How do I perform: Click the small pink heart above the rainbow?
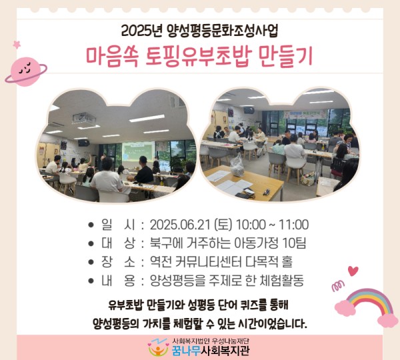pos(353,271)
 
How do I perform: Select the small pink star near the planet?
pos(17,44)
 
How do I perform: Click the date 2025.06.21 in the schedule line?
pos(181,224)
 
